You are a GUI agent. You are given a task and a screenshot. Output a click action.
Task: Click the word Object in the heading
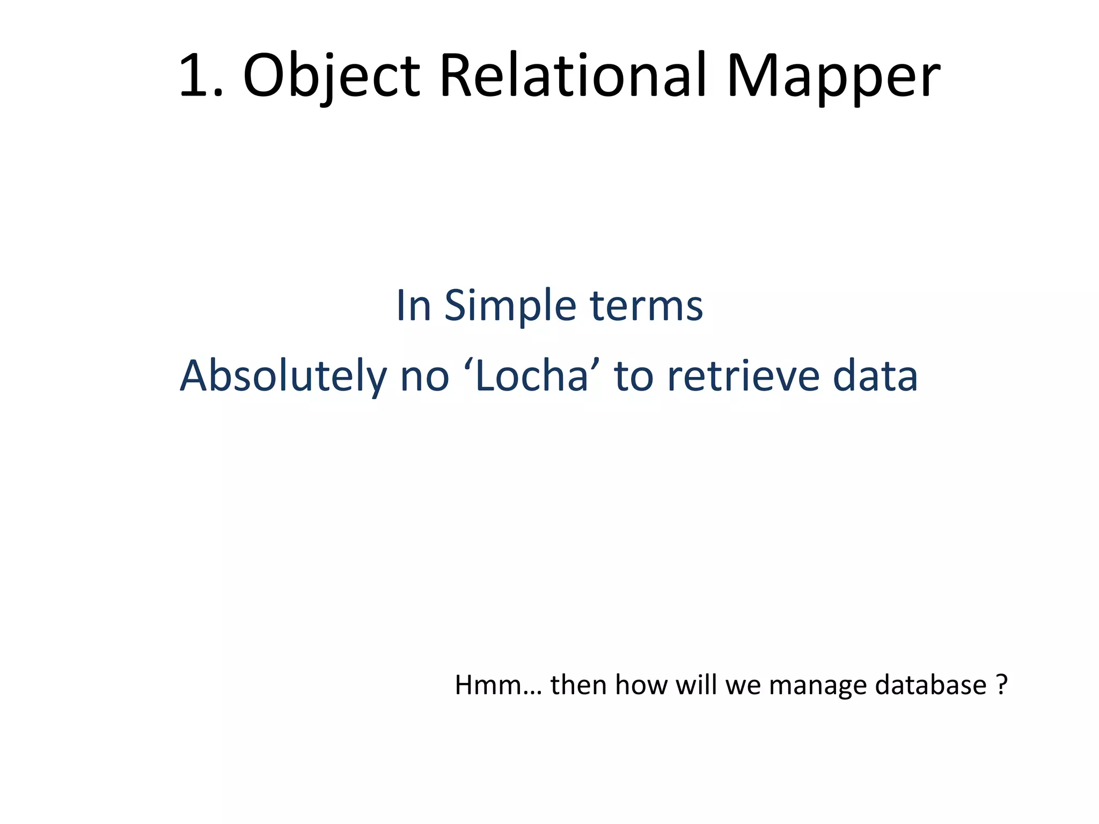click(x=331, y=76)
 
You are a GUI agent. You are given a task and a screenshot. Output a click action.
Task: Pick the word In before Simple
click(x=413, y=306)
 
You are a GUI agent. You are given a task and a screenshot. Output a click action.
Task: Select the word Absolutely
click(x=283, y=376)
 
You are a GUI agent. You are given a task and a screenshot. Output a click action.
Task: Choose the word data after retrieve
click(x=875, y=376)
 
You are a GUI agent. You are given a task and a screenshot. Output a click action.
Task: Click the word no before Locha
click(x=424, y=376)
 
